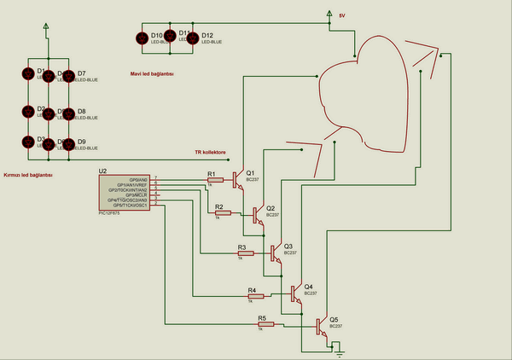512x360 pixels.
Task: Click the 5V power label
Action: [x=342, y=15]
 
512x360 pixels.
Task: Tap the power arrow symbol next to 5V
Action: [x=329, y=14]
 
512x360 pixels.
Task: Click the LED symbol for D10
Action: [x=143, y=38]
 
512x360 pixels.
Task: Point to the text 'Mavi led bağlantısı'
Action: [x=153, y=74]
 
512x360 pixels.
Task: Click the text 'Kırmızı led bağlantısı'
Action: [x=28, y=174]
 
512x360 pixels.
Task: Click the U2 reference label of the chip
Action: [x=103, y=171]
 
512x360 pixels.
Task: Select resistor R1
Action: [x=216, y=179]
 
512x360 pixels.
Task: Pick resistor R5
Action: [x=265, y=324]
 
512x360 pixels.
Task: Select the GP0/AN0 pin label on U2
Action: [x=138, y=179]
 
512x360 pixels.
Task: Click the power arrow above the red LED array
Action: [x=46, y=27]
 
